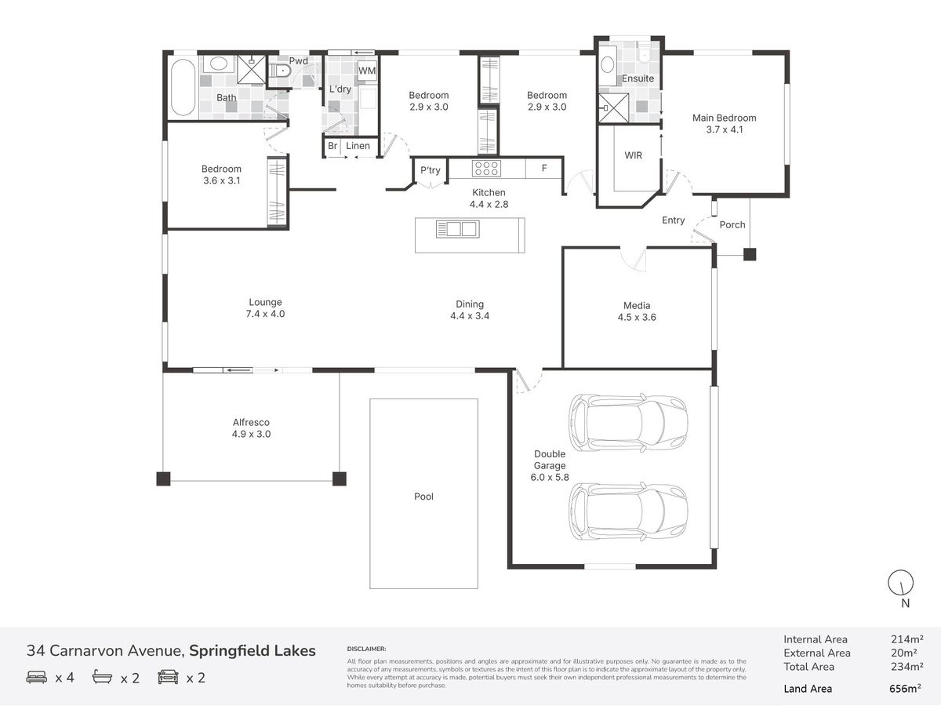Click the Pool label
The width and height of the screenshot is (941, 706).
pyautogui.click(x=423, y=497)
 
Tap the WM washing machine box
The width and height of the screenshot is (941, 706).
pyautogui.click(x=367, y=71)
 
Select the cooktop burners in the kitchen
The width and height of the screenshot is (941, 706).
pyautogui.click(x=486, y=168)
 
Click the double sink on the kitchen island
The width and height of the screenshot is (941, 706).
pyautogui.click(x=457, y=229)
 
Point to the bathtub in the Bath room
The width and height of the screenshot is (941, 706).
pyautogui.click(x=183, y=87)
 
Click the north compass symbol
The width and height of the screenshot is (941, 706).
pyautogui.click(x=900, y=583)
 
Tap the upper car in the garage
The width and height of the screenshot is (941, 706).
pyautogui.click(x=628, y=422)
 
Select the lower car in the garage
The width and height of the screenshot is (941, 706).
pyautogui.click(x=628, y=511)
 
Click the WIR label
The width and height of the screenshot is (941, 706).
pyautogui.click(x=633, y=155)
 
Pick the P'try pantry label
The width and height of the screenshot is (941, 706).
pyautogui.click(x=430, y=170)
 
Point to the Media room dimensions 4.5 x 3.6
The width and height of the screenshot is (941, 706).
pyautogui.click(x=637, y=317)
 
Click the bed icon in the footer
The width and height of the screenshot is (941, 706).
pyautogui.click(x=36, y=677)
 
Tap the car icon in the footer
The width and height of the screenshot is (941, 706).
pyautogui.click(x=168, y=677)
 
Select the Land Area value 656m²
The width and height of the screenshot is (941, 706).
pyautogui.click(x=905, y=689)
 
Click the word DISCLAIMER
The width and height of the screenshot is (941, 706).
pyautogui.click(x=366, y=649)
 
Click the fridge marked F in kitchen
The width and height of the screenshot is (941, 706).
pyautogui.click(x=543, y=169)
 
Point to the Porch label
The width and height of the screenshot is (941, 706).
pyautogui.click(x=732, y=224)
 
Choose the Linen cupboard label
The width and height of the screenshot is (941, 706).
pyautogui.click(x=358, y=146)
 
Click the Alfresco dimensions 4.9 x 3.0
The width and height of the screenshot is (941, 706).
pyautogui.click(x=251, y=435)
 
